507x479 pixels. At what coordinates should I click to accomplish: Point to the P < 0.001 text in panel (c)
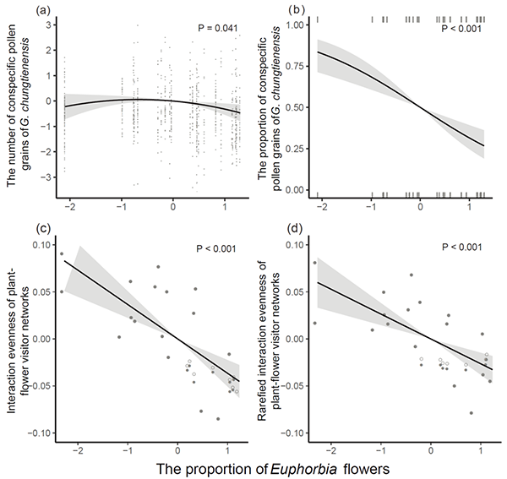click(x=215, y=249)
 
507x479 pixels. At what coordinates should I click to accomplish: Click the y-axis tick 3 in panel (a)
click(x=48, y=26)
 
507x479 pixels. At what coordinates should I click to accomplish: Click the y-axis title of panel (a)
click(x=19, y=106)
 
